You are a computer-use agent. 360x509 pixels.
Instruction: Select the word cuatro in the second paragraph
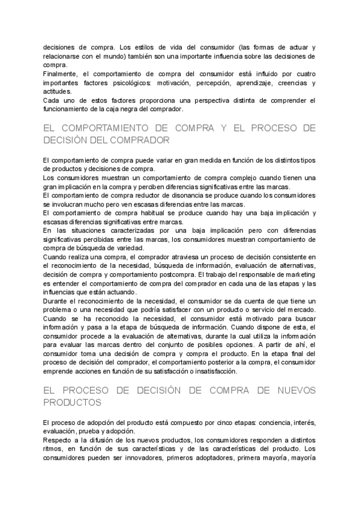click(x=302, y=74)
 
